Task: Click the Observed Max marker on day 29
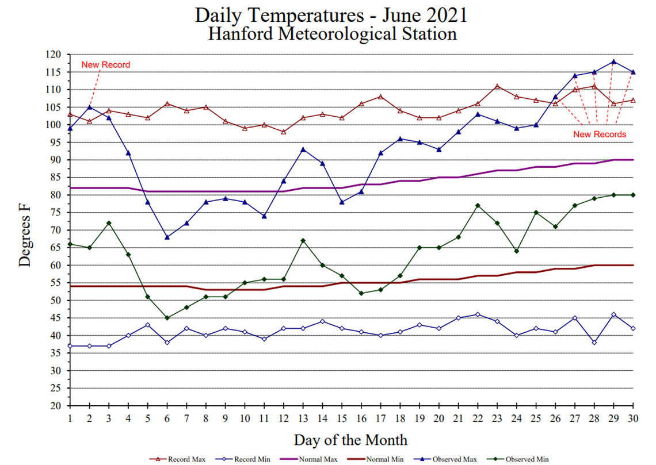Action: (613, 62)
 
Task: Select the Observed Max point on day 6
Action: (167, 237)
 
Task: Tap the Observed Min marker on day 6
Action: (167, 318)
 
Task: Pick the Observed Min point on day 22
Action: (478, 205)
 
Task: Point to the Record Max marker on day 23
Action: (497, 86)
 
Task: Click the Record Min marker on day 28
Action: (594, 343)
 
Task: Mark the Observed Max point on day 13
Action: (303, 149)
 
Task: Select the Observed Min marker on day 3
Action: (109, 223)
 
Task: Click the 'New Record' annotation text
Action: (105, 65)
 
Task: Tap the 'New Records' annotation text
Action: (600, 134)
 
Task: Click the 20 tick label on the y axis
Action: (56, 406)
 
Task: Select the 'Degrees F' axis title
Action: (25, 230)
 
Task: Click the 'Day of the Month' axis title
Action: (350, 440)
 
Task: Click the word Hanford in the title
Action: (241, 33)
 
